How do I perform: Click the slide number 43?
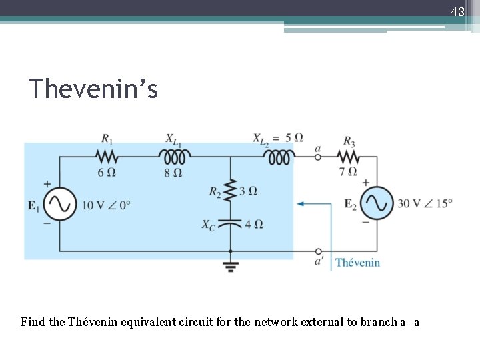[x=457, y=11]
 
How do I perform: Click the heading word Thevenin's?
[x=93, y=89]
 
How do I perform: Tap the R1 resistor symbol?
[x=107, y=157]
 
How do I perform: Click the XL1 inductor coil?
[x=175, y=157]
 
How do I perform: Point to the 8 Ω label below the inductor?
[x=175, y=173]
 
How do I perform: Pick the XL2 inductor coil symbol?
[x=279, y=157]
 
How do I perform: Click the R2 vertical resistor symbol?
[x=230, y=190]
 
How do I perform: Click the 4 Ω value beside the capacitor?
[x=254, y=224]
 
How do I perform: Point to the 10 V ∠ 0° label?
[x=106, y=205]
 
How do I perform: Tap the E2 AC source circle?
[x=377, y=204]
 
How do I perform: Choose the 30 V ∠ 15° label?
[x=425, y=203]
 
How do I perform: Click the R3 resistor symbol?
[x=349, y=157]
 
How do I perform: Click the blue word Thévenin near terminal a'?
[x=357, y=262]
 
